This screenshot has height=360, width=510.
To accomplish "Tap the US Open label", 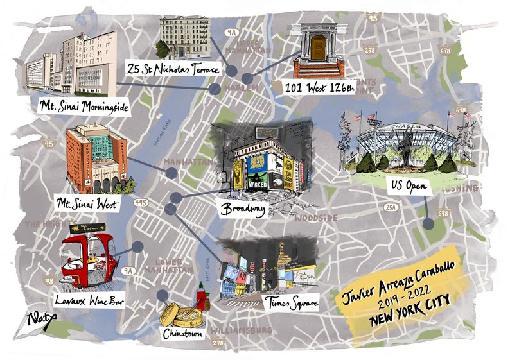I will (x=407, y=185).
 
